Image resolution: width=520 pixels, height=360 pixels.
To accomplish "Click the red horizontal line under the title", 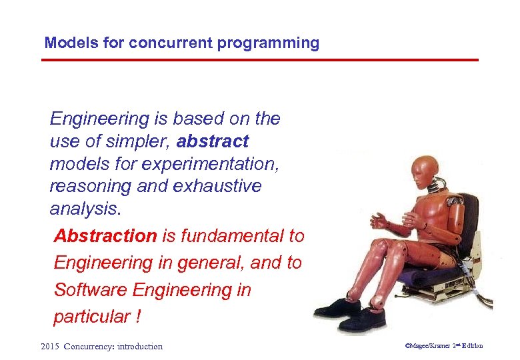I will [x=260, y=60].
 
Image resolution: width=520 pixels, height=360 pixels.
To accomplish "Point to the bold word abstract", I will [x=213, y=141].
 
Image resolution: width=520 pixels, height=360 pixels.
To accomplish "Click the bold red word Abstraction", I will [x=105, y=236].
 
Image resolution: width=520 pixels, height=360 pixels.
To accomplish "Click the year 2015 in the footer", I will [x=50, y=346].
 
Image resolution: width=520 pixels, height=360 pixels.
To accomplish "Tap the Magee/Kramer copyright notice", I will [x=443, y=346].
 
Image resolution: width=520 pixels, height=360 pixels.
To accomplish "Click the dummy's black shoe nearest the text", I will [x=337, y=307].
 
